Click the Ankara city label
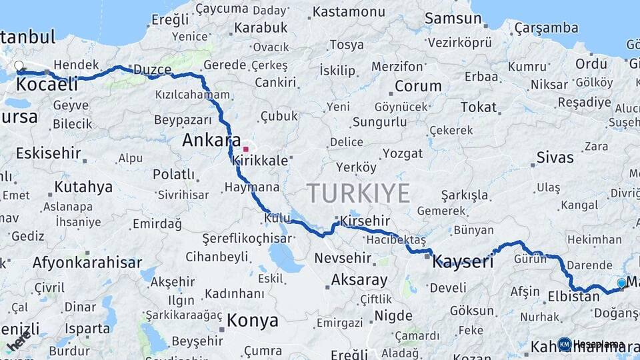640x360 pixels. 211,141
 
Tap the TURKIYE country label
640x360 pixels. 358,193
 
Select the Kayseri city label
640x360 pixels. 463,261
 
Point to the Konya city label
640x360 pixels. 252,321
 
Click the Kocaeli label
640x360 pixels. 45,85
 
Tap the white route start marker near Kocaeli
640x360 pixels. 19,66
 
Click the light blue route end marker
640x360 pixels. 621,283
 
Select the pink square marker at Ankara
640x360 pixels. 245,149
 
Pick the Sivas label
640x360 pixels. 555,158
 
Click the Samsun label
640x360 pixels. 453,19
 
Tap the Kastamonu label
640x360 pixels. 349,12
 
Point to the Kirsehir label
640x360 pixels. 365,221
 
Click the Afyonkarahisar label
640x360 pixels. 87,262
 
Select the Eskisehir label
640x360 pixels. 48,153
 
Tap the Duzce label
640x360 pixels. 152,70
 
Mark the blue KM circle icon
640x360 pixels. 565,344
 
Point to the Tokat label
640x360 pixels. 479,107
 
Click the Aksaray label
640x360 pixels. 359,279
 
